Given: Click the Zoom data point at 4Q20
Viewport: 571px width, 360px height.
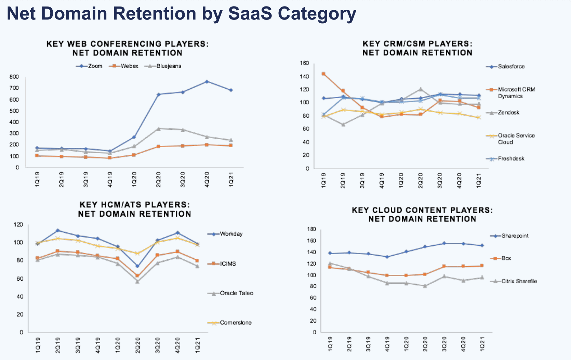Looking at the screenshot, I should [207, 81].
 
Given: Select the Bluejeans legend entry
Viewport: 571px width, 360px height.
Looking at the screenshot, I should [169, 66].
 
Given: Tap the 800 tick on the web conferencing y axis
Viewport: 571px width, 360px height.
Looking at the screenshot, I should [14, 77].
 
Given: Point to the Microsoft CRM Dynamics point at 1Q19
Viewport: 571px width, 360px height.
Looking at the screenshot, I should [323, 74].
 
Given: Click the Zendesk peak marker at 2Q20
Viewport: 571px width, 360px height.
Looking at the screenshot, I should [421, 89].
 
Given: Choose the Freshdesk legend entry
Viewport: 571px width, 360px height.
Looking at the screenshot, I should [511, 158].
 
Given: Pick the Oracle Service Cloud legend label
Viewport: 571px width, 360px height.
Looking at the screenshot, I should [516, 139].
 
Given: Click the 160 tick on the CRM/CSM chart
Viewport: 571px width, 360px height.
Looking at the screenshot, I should [304, 63].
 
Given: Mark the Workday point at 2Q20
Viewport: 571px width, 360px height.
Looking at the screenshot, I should [137, 266].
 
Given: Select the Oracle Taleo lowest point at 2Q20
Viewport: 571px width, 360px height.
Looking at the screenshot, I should [137, 281].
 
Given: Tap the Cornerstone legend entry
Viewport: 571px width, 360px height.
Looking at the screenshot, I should [235, 323].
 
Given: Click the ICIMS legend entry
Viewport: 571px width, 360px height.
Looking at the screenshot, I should [228, 264].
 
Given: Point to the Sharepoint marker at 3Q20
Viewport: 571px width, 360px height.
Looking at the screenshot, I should [444, 243].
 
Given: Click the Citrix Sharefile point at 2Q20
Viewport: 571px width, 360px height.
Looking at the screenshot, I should [425, 286].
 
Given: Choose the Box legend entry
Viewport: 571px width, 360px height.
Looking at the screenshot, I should [506, 258].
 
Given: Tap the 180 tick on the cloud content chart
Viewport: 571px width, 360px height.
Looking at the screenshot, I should [311, 229].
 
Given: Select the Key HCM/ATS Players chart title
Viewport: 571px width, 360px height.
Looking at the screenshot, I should [134, 209].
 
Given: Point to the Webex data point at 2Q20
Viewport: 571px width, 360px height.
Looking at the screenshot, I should [158, 146].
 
